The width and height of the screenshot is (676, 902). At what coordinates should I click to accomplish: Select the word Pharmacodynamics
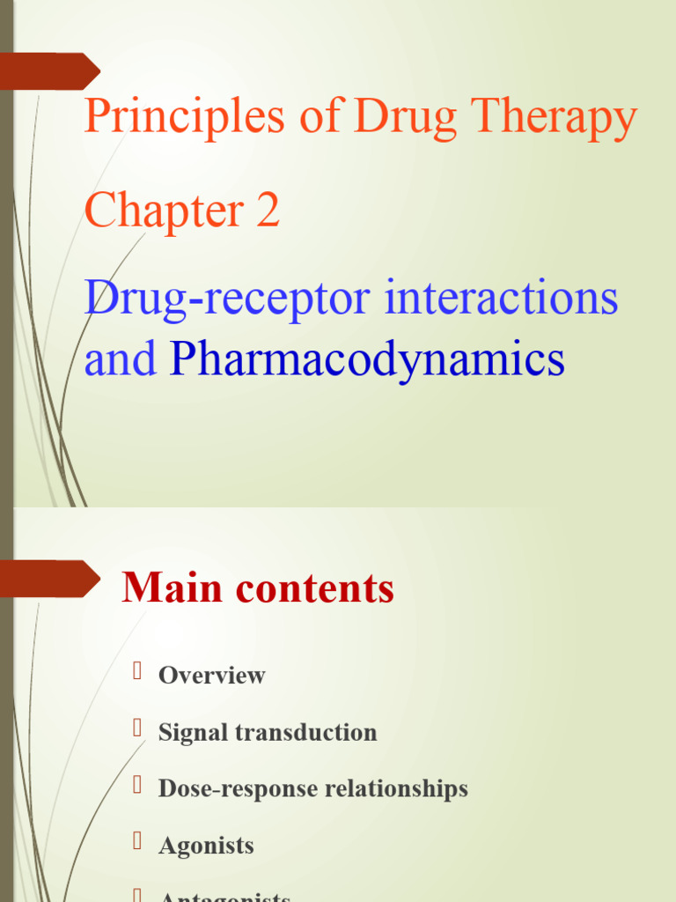[367, 359]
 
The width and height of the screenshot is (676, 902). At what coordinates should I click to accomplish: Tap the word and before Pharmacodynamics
[121, 359]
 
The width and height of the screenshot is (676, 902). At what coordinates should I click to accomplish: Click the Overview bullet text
[211, 676]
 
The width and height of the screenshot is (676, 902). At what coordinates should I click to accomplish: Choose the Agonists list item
[206, 845]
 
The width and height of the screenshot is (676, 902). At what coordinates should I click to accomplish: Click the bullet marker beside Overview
[137, 674]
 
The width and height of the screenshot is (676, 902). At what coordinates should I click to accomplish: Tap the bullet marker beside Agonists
[137, 843]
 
